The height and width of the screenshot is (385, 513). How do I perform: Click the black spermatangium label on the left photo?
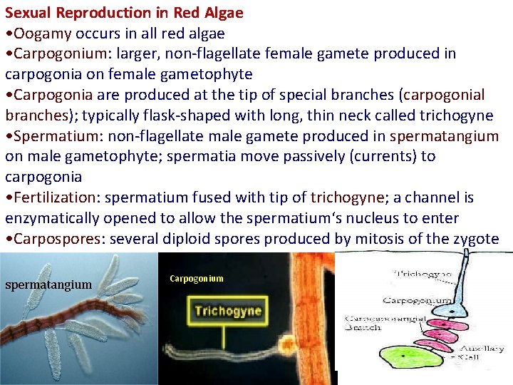pos(48,285)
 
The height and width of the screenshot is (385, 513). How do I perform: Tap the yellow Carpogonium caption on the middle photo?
pos(196,279)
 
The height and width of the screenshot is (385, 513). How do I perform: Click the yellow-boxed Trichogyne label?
pos(227,311)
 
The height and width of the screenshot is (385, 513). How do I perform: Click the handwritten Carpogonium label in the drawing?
pos(416,301)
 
